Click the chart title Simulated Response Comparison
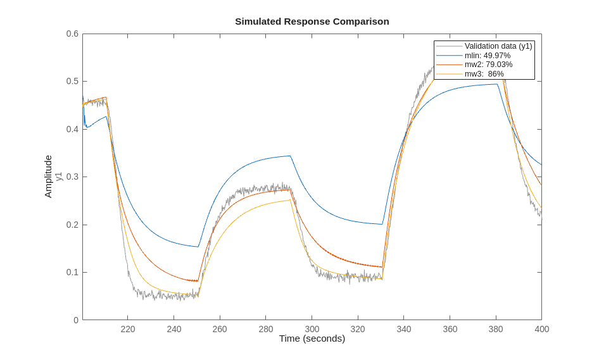312,22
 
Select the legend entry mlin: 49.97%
487,56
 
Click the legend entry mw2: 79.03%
488,65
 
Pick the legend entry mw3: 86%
484,74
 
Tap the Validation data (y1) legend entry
498,46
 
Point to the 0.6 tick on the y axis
72,34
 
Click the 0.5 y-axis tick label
72,82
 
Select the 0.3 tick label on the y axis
72,177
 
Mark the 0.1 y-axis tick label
72,273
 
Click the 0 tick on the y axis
76,320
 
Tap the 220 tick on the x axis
128,329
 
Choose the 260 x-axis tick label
220,329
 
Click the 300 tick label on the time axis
312,329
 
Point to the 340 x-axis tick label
404,329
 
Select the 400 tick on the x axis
541,329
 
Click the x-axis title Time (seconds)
312,338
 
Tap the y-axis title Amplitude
48,177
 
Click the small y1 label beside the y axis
59,177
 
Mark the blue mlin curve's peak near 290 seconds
290,156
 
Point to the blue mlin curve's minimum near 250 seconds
198,247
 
